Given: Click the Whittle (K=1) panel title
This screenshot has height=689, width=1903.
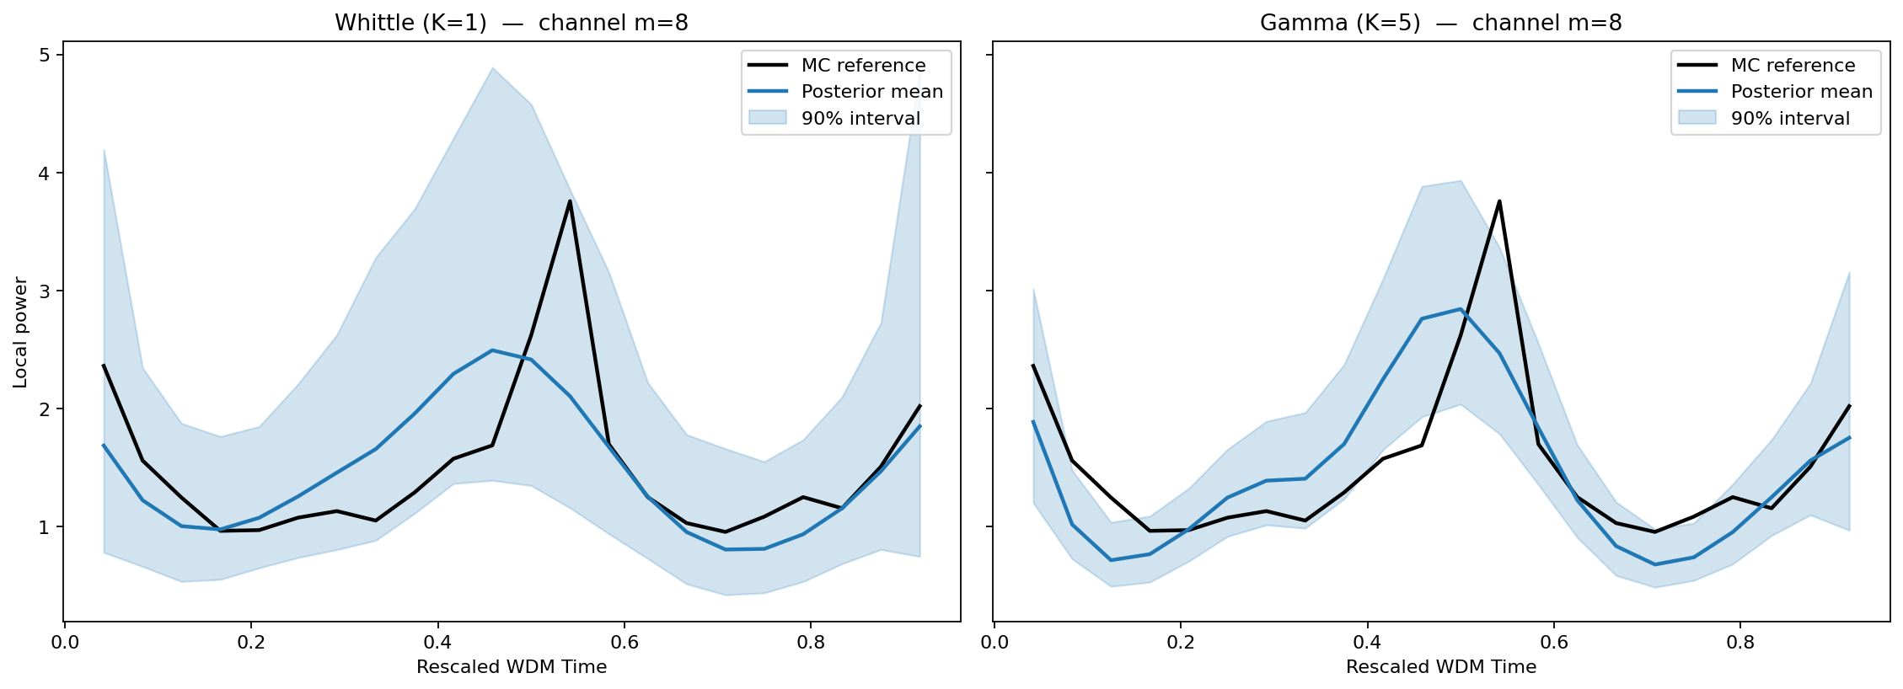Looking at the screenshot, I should point(511,23).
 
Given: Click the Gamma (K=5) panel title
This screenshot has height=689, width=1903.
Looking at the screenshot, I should point(1440,23).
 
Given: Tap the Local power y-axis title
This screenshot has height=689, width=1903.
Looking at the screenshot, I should point(21,332).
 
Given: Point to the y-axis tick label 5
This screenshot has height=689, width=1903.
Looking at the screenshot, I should point(46,56).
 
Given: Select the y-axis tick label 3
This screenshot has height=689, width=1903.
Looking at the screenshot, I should point(46,291).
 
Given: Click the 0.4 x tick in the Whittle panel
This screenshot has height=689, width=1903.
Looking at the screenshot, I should point(437,642).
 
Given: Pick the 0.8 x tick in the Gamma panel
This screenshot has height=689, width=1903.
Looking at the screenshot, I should point(1740,642).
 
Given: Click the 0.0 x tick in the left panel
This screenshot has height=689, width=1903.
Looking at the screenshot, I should point(65,642).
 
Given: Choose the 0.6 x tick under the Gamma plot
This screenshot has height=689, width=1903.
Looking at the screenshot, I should point(1554,642).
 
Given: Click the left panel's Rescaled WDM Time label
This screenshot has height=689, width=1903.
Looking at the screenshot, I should point(511,667).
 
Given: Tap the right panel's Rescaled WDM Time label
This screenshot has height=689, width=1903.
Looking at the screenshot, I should point(1440,667).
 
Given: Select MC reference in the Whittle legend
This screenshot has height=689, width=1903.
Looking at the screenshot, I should point(863,66).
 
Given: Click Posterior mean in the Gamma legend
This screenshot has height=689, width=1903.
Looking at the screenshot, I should point(1801,92).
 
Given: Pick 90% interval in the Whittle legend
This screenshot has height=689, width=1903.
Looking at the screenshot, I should point(860,119).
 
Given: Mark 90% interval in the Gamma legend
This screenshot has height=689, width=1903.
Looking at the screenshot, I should point(1790,119).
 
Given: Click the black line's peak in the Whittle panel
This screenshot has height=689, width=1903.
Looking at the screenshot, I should point(571,200).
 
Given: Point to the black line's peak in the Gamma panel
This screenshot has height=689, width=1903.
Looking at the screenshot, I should point(1499,200).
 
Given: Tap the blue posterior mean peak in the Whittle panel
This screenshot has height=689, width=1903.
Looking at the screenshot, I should point(492,350).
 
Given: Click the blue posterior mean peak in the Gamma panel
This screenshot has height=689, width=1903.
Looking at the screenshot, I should point(1461,309).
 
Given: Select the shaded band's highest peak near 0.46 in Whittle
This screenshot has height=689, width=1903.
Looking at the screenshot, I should point(492,68).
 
